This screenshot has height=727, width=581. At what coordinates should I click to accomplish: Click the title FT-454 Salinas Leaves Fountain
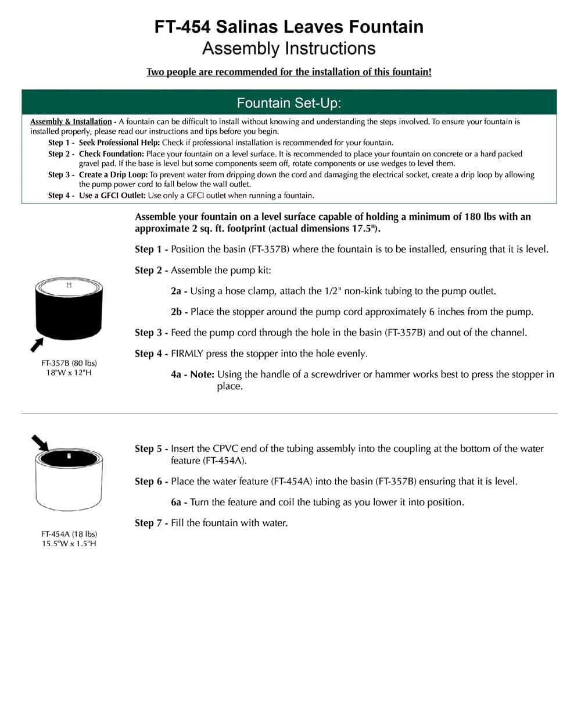pos(289,27)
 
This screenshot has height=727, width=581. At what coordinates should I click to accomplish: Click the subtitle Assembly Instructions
pos(289,48)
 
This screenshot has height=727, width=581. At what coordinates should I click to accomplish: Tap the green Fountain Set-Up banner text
pos(289,103)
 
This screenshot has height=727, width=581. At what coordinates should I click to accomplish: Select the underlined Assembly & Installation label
pos(71,122)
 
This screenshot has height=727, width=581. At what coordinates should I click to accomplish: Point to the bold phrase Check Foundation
pos(111,154)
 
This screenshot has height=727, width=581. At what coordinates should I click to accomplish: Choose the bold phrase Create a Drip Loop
pos(113,174)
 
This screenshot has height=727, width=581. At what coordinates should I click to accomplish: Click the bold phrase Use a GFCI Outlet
pos(112,195)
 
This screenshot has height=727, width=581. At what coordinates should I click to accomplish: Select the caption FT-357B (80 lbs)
pos(69,363)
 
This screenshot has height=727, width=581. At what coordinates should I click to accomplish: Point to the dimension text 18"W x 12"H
pos(69,372)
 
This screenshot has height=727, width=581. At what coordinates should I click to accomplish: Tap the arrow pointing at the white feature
pos(40,443)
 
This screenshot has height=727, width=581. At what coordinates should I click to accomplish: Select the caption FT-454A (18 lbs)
pos(69,534)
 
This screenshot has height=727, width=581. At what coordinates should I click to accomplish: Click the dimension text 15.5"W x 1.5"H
pos(69,543)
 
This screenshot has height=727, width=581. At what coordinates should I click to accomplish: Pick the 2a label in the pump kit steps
pos(178,291)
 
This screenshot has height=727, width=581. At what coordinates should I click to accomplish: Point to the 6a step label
pos(178,502)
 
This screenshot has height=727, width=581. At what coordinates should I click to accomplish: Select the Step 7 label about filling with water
pos(150,523)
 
